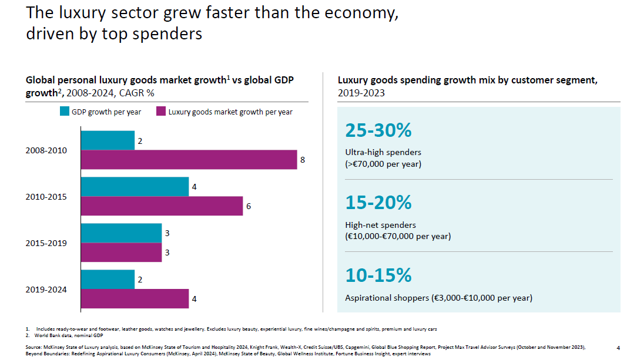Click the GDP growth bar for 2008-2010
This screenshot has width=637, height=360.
(x=108, y=140)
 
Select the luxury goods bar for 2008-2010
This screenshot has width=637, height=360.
(x=189, y=160)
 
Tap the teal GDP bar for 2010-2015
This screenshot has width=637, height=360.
(x=135, y=187)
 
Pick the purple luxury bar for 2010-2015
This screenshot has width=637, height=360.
(x=162, y=206)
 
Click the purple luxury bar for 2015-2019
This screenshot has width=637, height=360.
(x=122, y=253)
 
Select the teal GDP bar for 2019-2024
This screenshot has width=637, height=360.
(x=108, y=279)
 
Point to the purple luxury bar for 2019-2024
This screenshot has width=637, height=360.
(x=135, y=299)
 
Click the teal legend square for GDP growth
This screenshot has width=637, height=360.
(x=65, y=111)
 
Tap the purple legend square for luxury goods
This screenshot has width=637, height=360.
(x=161, y=111)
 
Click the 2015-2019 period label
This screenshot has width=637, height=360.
(x=46, y=243)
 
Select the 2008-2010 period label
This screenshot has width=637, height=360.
(x=46, y=150)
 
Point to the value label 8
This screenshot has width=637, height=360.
(x=303, y=160)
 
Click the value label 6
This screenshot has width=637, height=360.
(x=249, y=206)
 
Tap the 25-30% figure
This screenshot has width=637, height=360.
(x=378, y=130)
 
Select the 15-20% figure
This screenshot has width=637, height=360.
(x=378, y=203)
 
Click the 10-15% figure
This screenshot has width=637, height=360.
(x=378, y=275)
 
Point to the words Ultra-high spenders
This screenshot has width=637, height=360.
(x=383, y=152)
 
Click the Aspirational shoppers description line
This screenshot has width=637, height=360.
(x=439, y=298)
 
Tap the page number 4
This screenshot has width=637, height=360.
(x=618, y=348)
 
